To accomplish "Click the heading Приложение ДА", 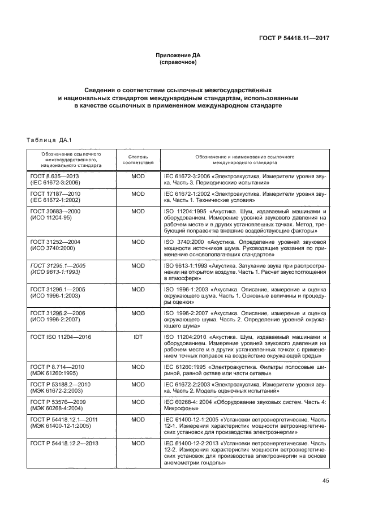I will click(x=178, y=55).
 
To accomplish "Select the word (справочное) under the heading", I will click(x=178, y=62).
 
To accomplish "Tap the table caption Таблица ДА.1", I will click(x=46, y=140).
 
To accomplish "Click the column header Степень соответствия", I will click(x=138, y=158).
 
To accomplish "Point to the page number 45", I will click(x=325, y=481).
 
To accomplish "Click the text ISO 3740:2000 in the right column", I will click(x=182, y=242).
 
